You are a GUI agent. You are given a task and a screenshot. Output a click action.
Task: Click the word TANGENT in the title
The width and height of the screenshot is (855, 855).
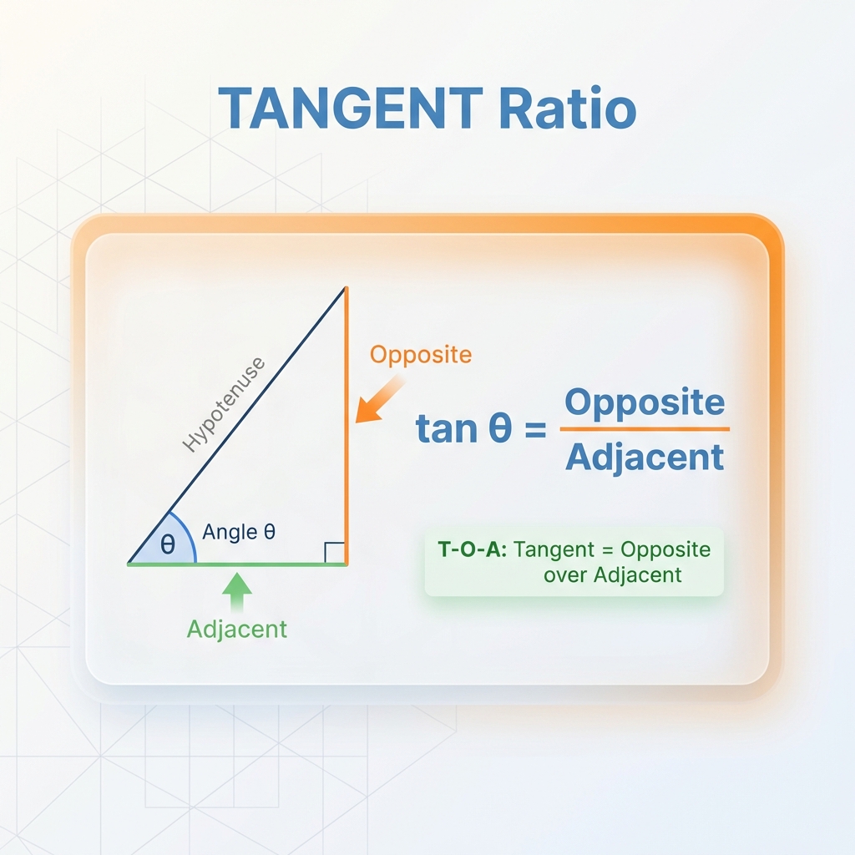click(x=350, y=109)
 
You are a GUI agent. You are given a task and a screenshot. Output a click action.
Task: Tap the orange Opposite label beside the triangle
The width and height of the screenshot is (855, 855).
click(x=421, y=355)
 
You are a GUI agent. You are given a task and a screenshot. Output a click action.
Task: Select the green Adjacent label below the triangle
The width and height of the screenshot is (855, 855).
click(x=237, y=629)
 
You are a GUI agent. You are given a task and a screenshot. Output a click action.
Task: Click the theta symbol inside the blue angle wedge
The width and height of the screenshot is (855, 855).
click(x=168, y=545)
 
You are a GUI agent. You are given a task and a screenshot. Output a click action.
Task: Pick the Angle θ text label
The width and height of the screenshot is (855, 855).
click(x=239, y=532)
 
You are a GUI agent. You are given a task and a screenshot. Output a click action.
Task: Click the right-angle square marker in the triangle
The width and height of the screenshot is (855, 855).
click(x=334, y=552)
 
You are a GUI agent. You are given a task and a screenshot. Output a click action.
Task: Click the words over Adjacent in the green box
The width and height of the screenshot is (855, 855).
click(x=612, y=574)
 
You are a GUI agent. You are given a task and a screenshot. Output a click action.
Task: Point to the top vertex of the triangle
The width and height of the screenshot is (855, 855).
click(x=345, y=288)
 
